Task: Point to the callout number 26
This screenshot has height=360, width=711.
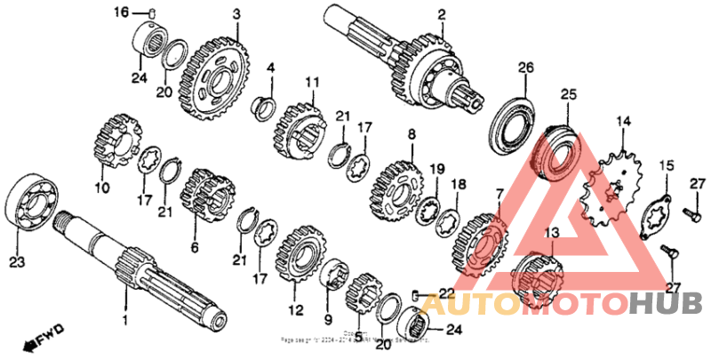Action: [525, 68]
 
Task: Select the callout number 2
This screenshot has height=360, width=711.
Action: [441, 14]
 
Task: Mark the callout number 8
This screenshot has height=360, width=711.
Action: [411, 134]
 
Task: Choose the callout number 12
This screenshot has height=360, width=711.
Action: [296, 310]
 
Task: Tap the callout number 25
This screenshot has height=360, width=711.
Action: [568, 93]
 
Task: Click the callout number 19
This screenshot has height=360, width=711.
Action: [436, 168]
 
